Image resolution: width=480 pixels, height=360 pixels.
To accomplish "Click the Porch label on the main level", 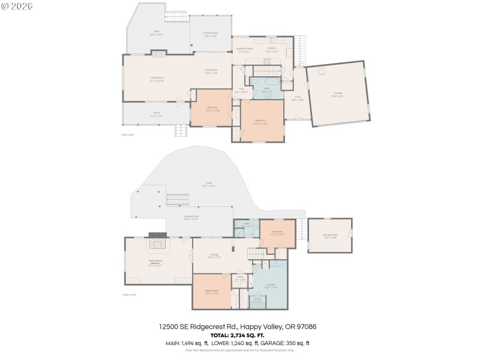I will tap(156, 113).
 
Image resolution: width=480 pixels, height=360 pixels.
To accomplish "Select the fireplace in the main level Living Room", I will tap(158, 54).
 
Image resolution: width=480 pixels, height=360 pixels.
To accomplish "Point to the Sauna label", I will tap(257, 299).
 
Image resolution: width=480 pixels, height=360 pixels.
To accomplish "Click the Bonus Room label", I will tap(211, 292).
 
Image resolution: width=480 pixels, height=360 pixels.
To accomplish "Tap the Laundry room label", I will tap(271, 286).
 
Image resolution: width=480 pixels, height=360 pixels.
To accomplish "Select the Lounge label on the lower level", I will tap(214, 256).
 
